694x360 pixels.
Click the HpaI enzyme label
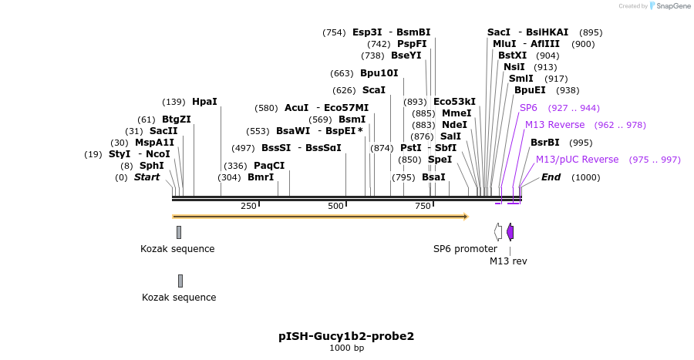(x=204, y=102)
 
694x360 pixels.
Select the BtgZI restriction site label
(x=176, y=119)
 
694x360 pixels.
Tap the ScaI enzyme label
(x=373, y=90)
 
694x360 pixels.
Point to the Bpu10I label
(x=379, y=73)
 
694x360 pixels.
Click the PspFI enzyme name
(x=412, y=44)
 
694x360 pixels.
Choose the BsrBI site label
(x=544, y=143)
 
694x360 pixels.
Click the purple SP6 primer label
(x=528, y=108)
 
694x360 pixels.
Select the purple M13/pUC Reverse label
(x=577, y=160)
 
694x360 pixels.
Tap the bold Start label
(x=147, y=177)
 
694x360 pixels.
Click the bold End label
(x=551, y=177)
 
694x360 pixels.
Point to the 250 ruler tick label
(x=248, y=207)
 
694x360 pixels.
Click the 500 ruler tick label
(x=335, y=207)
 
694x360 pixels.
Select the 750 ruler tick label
(x=423, y=207)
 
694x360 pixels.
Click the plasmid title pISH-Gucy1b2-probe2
(x=346, y=337)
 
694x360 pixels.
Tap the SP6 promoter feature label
(x=465, y=249)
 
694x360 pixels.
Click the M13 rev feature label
(x=508, y=261)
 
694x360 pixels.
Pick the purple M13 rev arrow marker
(x=510, y=231)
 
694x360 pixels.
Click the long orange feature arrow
(x=320, y=217)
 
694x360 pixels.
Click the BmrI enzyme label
(x=260, y=177)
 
